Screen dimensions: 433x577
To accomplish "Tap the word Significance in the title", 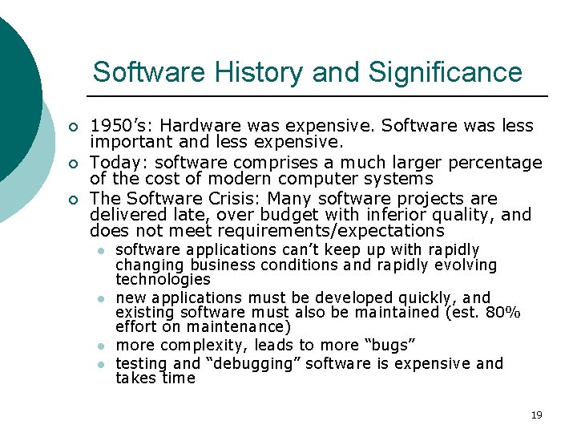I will tap(446, 73).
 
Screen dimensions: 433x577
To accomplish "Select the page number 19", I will tap(536, 415).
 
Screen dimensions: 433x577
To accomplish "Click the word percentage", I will tap(494, 163).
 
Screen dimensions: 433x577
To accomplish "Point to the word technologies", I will tap(163, 279).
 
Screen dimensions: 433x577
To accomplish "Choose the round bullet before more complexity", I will tap(101, 346).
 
